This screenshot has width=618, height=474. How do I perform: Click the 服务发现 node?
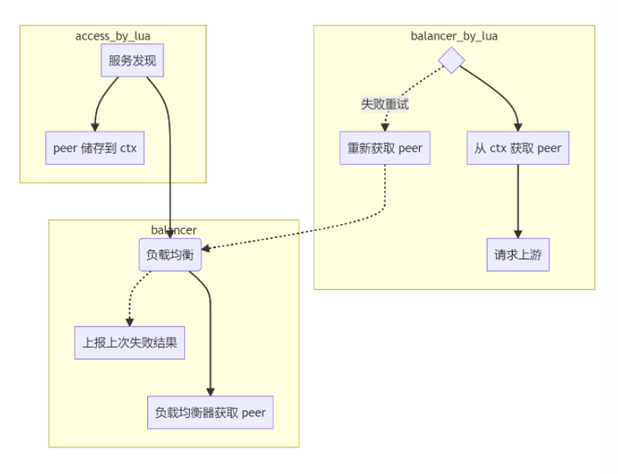[132, 60]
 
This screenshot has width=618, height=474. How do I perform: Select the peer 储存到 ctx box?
[94, 149]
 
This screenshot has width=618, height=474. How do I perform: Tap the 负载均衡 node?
[170, 255]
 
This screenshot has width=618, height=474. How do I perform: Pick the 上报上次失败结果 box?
[130, 343]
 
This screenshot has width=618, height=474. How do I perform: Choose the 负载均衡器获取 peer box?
[210, 412]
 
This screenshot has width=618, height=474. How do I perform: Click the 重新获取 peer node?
[385, 148]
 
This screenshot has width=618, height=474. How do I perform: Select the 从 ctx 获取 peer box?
[518, 148]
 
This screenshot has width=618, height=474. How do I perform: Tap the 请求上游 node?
[518, 255]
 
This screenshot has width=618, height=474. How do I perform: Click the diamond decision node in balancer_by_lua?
[452, 60]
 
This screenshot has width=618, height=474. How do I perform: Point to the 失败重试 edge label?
[385, 104]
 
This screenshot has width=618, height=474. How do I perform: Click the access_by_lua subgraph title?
[113, 36]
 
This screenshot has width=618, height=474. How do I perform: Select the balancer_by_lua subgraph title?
[454, 36]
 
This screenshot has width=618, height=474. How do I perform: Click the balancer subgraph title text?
[174, 230]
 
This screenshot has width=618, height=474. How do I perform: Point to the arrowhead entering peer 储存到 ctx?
[95, 127]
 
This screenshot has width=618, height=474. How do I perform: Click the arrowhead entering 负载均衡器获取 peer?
[210, 391]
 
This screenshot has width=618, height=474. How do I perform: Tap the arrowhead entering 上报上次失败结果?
[130, 322]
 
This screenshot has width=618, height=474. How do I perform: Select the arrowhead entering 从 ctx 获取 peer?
[518, 127]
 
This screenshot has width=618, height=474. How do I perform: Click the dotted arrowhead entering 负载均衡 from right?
[207, 248]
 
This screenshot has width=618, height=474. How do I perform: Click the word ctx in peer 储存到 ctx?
[126, 149]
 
